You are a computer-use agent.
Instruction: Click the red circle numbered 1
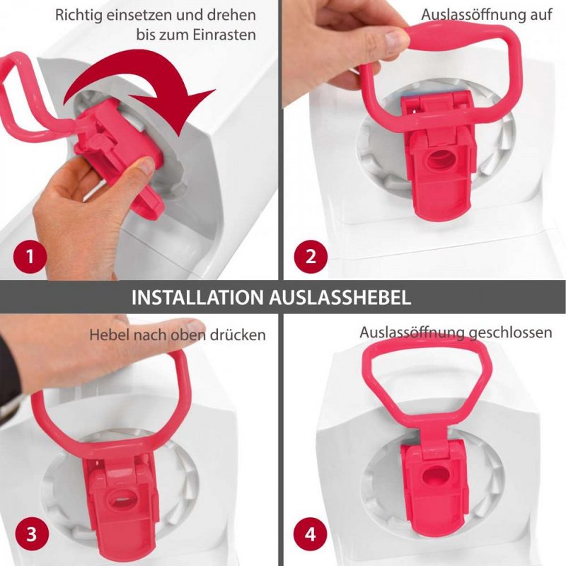30,257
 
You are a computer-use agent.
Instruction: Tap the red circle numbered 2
311,257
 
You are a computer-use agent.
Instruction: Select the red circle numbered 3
31,534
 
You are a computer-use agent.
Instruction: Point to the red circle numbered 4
311,534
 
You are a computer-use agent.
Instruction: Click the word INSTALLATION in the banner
197,297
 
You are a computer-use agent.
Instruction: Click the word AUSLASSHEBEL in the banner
340,297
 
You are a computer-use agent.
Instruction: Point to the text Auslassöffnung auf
487,15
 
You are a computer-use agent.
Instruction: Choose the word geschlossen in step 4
510,333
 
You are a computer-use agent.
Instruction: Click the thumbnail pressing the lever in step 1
147,166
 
